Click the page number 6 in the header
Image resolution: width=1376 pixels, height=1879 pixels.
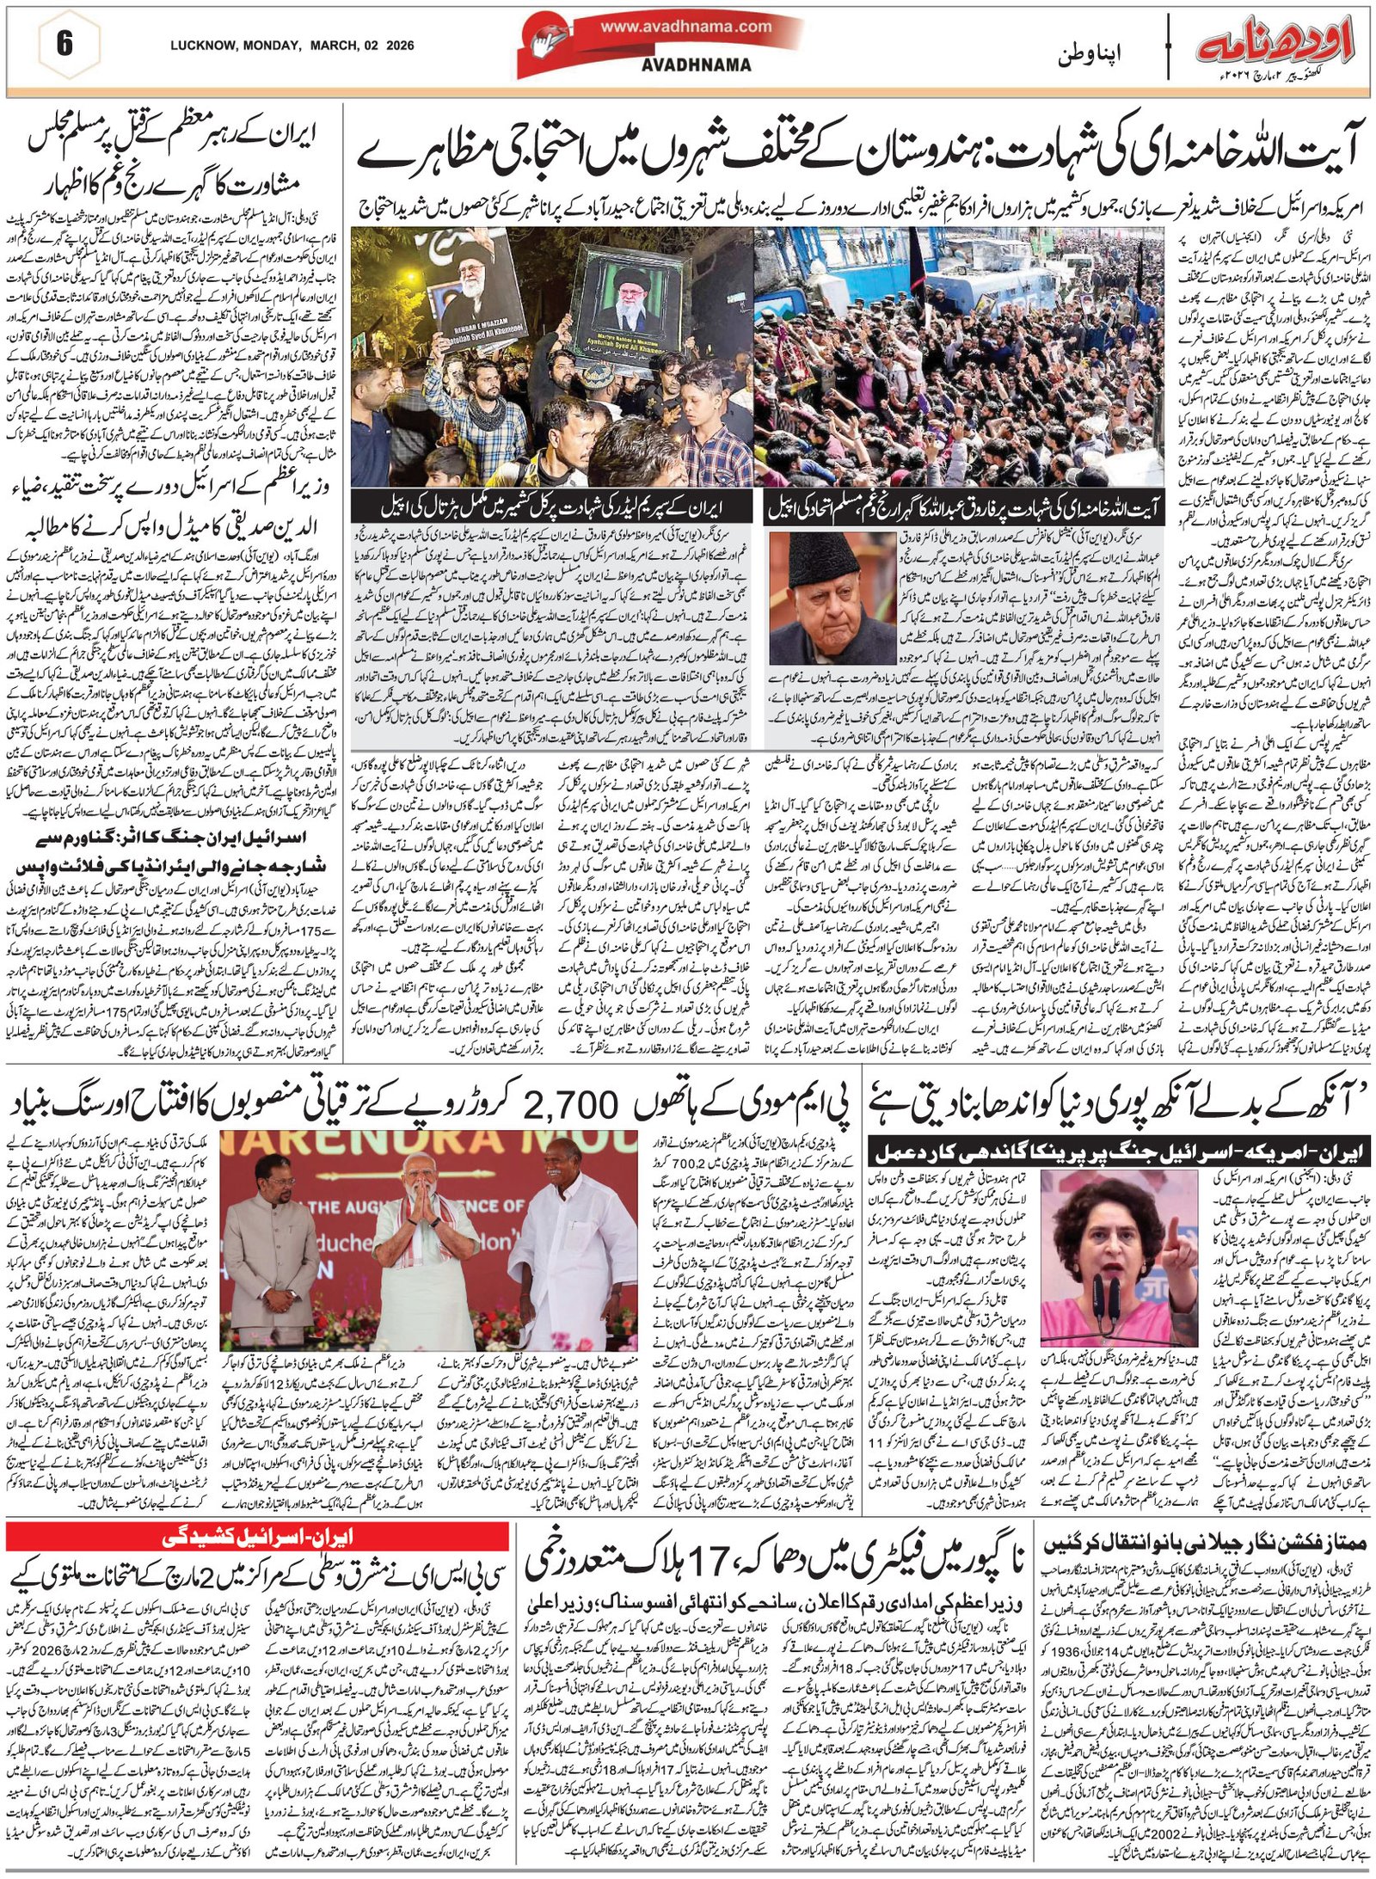(64, 44)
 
